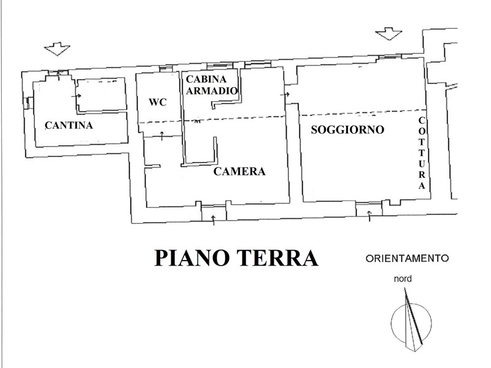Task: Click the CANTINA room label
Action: click(x=69, y=125)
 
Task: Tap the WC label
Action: click(x=158, y=102)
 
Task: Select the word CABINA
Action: click(x=206, y=79)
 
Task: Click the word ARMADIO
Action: click(x=212, y=91)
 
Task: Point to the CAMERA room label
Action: click(x=239, y=171)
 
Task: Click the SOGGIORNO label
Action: click(x=347, y=129)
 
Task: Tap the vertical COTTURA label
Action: click(x=422, y=153)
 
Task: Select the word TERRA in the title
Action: click(x=277, y=258)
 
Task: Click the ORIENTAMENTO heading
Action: click(x=407, y=258)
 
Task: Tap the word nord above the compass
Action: click(x=403, y=278)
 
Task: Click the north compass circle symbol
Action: click(x=411, y=323)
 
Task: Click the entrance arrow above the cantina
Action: click(x=57, y=49)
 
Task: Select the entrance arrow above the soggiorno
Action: click(x=389, y=34)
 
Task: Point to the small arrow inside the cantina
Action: click(x=76, y=96)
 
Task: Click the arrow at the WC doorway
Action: click(x=162, y=136)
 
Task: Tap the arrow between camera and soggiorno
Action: click(x=285, y=94)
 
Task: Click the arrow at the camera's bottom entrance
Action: click(x=214, y=220)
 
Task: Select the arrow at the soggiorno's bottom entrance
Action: click(x=369, y=217)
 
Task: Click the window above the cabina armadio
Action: click(x=220, y=66)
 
